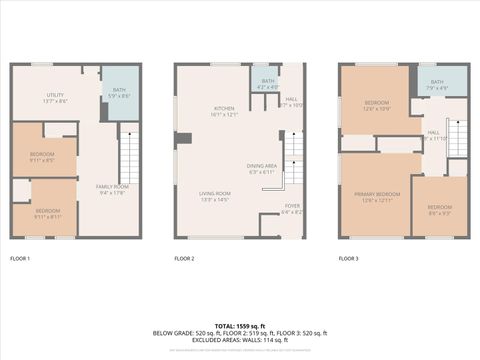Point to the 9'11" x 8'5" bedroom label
click(42, 156)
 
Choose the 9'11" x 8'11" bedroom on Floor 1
click(48, 213)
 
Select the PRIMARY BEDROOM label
click(377, 197)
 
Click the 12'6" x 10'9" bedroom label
click(377, 105)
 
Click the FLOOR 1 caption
click(20, 259)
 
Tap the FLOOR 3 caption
click(348, 259)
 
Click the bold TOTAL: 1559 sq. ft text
click(240, 325)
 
